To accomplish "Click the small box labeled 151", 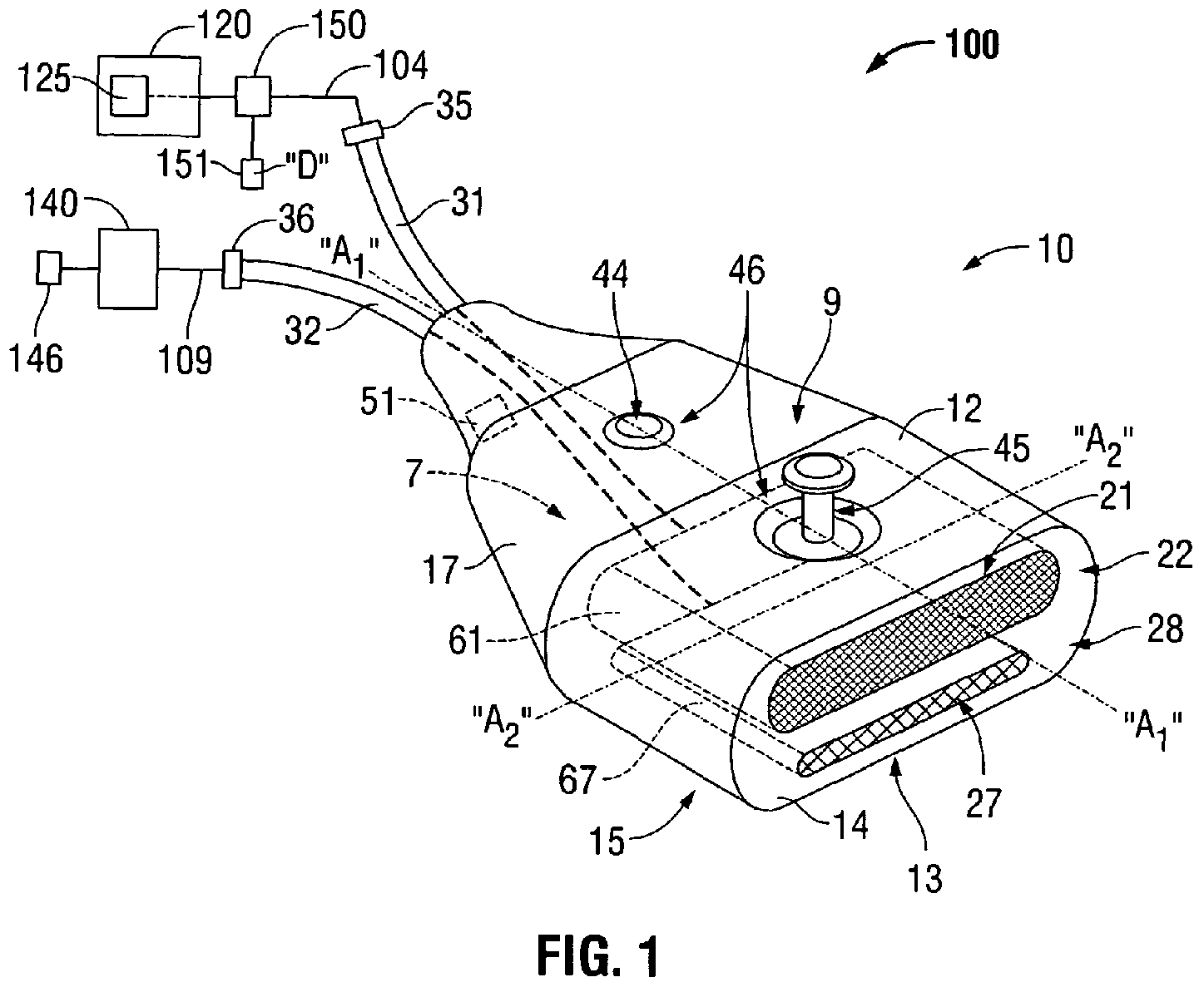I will point(251,173).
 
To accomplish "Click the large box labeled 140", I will point(127,267).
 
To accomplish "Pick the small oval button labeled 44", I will point(637,431).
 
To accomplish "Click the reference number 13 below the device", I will point(924,877).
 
